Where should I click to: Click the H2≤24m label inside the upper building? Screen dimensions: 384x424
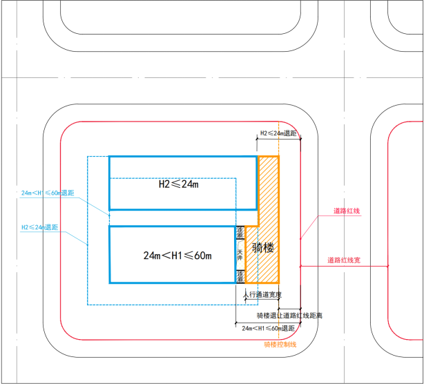pos(178,184)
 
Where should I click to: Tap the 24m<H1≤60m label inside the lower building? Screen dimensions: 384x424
pos(177,256)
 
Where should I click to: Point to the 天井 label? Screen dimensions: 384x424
pos(240,254)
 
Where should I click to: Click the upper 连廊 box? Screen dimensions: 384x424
pos(240,233)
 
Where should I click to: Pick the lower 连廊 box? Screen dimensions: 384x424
pos(240,276)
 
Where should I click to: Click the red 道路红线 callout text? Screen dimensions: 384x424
pos(346,211)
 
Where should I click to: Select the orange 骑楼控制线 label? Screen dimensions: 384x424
pos(280,344)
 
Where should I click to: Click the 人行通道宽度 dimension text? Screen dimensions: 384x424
pos(262,295)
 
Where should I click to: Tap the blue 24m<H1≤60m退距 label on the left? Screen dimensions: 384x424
pos(47,193)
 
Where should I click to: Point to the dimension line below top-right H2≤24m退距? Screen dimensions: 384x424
pos(278,139)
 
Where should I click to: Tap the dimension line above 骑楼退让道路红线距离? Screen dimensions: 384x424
pos(289,309)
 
